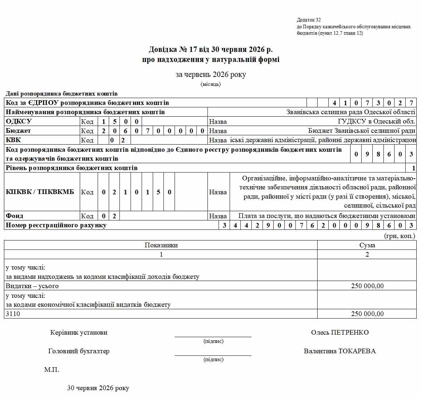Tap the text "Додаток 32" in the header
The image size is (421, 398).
coord(309,20)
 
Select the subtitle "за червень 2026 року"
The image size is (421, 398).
coord(211,74)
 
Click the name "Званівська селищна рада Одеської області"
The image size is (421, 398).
coord(351,112)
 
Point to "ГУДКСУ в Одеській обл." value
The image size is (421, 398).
coord(376,121)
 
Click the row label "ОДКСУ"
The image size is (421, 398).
coord(19,121)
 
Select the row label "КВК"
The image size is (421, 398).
coord(14,140)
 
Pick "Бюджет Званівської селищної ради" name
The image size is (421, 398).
coord(362,131)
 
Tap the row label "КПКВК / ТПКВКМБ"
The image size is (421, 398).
coord(40,192)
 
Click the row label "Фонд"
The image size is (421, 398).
coord(15,216)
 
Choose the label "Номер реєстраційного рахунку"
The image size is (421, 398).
coord(56,225)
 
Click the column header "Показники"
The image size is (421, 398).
coord(161,245)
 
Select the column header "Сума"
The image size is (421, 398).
coord(367,245)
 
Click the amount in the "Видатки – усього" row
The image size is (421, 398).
coord(367,286)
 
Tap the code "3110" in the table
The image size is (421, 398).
coord(13,314)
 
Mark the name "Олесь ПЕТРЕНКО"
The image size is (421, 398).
coord(340,333)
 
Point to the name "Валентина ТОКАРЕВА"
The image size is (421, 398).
coord(340,351)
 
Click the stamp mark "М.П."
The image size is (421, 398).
coord(52,370)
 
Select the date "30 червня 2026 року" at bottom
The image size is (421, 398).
coord(98,388)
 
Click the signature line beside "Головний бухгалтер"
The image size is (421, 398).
coord(213,355)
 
